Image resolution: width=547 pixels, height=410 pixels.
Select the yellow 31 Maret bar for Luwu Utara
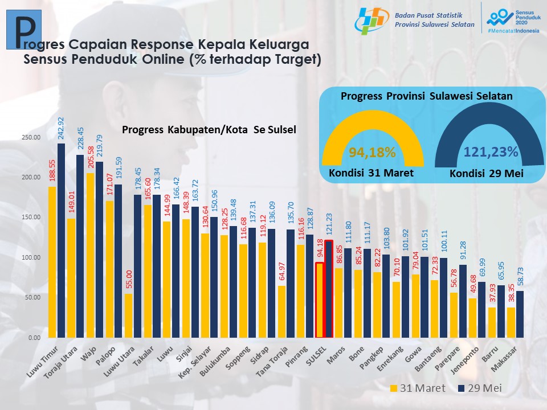coord(128,315)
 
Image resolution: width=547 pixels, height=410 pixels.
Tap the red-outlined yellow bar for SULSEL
coord(320,300)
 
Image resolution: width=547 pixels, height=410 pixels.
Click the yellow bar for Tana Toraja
coord(281,311)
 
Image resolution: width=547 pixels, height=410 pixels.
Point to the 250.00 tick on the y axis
coord(31,137)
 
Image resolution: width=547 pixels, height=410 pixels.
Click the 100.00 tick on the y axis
coord(31,257)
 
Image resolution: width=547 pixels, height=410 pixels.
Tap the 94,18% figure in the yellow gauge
coord(373,152)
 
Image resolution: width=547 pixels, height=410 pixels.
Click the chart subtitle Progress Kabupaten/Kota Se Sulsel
coord(209,129)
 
